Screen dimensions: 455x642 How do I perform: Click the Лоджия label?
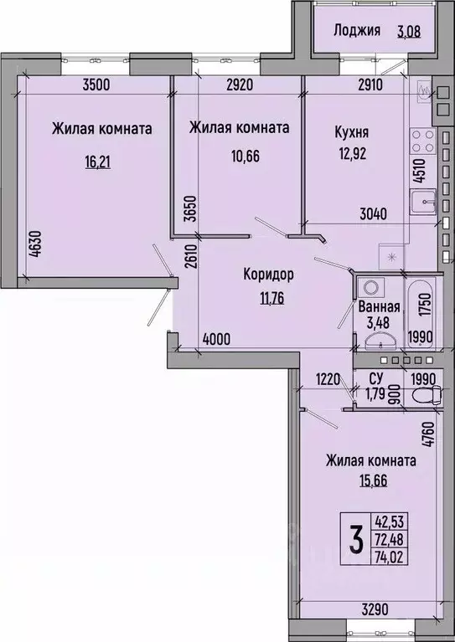click(x=357, y=30)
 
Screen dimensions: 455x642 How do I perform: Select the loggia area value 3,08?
click(x=409, y=31)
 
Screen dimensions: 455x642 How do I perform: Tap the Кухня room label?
click(x=352, y=132)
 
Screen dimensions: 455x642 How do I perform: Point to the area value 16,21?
click(x=98, y=162)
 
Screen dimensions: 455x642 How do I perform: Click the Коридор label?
click(x=268, y=275)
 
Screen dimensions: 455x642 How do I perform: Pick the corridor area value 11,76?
click(x=271, y=298)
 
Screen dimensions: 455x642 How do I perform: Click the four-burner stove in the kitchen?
click(x=422, y=141)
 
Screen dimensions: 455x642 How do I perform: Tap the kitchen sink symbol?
click(x=423, y=203)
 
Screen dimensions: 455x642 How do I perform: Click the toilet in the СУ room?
click(x=427, y=396)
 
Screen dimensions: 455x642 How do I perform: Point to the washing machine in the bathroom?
click(x=371, y=287)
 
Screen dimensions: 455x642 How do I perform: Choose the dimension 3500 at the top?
click(x=96, y=85)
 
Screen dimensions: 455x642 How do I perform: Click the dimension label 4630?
click(x=36, y=244)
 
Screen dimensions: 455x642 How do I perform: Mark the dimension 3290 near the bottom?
click(x=375, y=609)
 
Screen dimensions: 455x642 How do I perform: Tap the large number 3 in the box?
click(x=356, y=539)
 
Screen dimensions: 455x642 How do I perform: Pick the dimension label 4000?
click(x=216, y=340)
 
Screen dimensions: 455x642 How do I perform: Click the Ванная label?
click(x=379, y=306)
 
